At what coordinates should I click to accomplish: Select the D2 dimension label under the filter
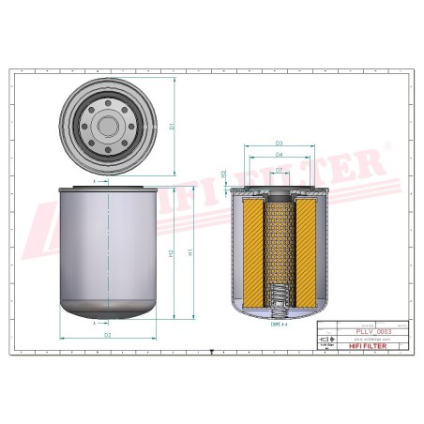pos(108,334)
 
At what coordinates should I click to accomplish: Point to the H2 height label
pos(171,254)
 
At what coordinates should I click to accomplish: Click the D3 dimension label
pos(280,143)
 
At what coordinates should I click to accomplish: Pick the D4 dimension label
pos(280,155)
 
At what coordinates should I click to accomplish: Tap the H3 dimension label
pos(222,174)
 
